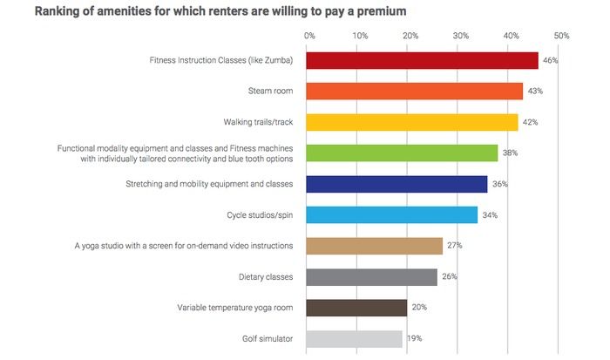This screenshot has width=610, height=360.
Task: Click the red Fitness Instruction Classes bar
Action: coord(422,60)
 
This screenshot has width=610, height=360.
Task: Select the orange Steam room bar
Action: coord(414,92)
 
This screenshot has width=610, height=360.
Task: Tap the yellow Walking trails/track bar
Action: coord(411,122)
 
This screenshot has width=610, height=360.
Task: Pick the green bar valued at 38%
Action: coord(402,153)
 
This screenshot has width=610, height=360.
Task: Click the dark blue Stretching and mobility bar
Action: coord(396,184)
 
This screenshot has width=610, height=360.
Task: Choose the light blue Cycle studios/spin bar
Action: coord(391,214)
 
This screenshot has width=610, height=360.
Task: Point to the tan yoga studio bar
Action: coord(374,246)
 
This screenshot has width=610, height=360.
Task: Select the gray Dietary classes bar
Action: coord(371,277)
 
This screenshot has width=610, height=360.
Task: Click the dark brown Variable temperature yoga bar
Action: coord(356,308)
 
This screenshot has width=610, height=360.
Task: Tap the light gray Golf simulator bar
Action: coord(354,338)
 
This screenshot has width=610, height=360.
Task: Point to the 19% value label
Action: coord(413,339)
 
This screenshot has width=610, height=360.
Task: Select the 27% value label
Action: coord(454,247)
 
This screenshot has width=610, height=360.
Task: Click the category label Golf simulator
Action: coord(269,339)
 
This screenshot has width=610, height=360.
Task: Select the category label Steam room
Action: coord(270,92)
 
